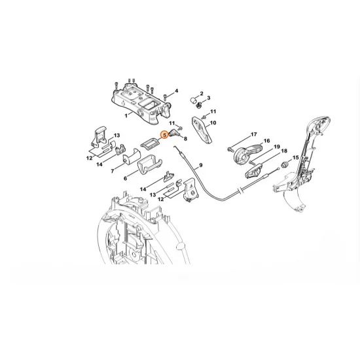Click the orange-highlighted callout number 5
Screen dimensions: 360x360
pos(164,135)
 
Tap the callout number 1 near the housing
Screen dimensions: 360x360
pos(126,116)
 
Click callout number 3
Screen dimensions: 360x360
pos(208,98)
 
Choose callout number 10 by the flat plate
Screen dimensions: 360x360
pos(213,123)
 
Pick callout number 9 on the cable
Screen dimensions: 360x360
pos(201,165)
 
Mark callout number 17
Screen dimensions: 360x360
pos(253,134)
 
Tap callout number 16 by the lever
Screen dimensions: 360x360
pos(266,141)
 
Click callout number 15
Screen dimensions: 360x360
pos(296,158)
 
